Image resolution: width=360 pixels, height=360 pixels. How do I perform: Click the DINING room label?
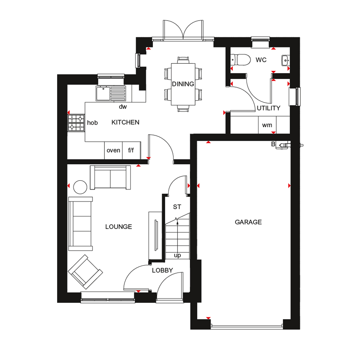183,84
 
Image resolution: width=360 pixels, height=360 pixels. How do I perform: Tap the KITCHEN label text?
125,122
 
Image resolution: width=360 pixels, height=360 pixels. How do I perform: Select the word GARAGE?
248,222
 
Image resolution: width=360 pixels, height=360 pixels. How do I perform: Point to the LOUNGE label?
119,227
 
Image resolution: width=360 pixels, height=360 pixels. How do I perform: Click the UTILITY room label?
269,108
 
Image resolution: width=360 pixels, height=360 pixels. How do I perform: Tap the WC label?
261,60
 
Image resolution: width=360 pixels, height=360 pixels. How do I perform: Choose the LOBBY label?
162,270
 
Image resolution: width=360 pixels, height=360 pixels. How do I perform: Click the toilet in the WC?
240,60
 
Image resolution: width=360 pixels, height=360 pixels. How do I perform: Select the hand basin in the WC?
285,60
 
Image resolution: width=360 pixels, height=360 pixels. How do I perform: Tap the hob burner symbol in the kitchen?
76,123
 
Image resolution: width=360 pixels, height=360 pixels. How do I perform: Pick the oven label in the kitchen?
113,150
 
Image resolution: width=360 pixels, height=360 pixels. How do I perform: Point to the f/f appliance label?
131,150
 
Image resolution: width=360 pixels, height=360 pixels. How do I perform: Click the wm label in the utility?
267,125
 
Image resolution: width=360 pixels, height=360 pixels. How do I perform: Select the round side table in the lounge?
80,187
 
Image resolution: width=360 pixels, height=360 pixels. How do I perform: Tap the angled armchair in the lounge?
85,272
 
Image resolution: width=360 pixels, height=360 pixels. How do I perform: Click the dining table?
183,84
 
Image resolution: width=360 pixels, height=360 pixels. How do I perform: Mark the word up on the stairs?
177,255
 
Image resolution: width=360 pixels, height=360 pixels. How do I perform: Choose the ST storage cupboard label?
177,207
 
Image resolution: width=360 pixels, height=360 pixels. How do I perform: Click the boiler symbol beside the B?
283,145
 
